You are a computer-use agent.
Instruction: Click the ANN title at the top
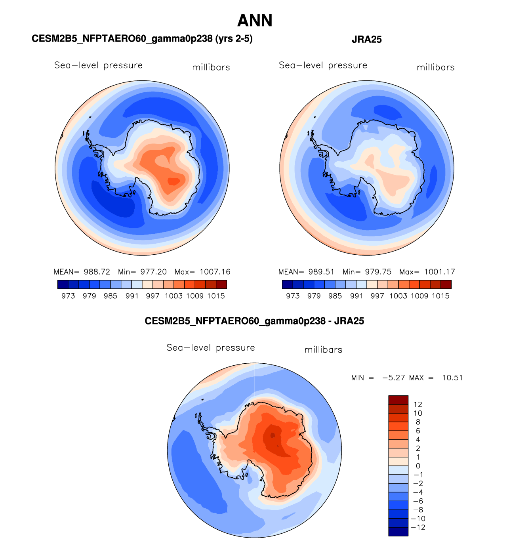click(255, 21)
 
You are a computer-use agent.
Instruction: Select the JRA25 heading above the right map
click(366, 39)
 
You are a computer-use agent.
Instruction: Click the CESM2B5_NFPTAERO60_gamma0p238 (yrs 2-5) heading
click(142, 39)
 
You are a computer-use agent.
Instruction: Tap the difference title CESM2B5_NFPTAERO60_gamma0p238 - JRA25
click(254, 321)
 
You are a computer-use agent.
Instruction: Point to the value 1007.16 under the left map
click(215, 272)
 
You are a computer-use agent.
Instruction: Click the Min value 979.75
click(378, 272)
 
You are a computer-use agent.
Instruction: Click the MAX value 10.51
click(452, 378)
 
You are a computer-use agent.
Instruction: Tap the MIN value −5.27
click(393, 378)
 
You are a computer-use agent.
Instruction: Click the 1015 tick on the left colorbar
click(216, 296)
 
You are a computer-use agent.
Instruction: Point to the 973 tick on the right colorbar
click(293, 296)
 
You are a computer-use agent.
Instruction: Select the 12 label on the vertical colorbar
click(418, 405)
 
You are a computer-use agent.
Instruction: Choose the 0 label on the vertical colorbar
click(418, 466)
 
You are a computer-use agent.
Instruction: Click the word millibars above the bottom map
click(323, 350)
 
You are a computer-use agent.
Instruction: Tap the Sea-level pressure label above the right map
click(323, 65)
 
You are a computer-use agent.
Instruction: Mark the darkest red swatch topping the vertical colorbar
click(398, 399)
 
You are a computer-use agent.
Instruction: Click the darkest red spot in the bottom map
click(272, 435)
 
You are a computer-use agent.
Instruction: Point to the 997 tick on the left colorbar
click(153, 296)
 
